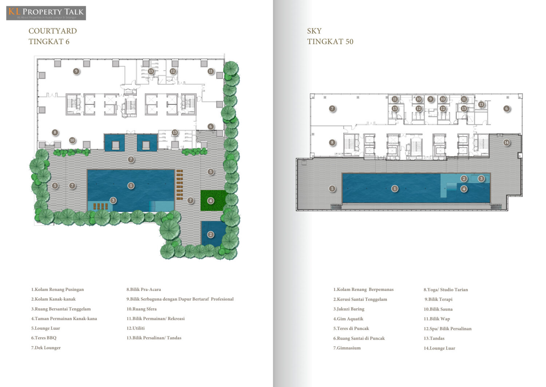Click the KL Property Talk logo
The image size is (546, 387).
pos(46,13)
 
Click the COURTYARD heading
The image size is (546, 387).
pos(53,31)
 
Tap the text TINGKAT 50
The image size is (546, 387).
pos(330,42)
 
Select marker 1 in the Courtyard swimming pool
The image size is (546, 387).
pos(131,186)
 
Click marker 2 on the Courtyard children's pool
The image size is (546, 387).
pos(211,234)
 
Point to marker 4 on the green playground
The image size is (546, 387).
pos(211,201)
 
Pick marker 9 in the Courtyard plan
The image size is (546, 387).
pos(76,71)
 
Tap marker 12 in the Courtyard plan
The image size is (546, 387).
pos(173,71)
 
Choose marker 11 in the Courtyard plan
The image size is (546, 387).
pos(211,71)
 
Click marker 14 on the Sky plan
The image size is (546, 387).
pos(507,143)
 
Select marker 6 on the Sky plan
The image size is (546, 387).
pos(507,108)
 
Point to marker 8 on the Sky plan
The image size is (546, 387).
pos(332,142)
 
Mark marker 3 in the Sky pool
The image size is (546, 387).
pos(481,179)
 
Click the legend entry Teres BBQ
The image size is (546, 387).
pos(44,338)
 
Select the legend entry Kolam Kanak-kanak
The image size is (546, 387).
pos(54,299)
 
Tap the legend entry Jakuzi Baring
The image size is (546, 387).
pos(349,309)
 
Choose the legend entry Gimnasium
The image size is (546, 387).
pos(347,348)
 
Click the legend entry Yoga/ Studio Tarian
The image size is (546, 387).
pos(446,290)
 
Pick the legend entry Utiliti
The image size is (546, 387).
pos(135,328)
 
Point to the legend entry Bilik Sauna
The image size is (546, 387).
pos(438,309)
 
